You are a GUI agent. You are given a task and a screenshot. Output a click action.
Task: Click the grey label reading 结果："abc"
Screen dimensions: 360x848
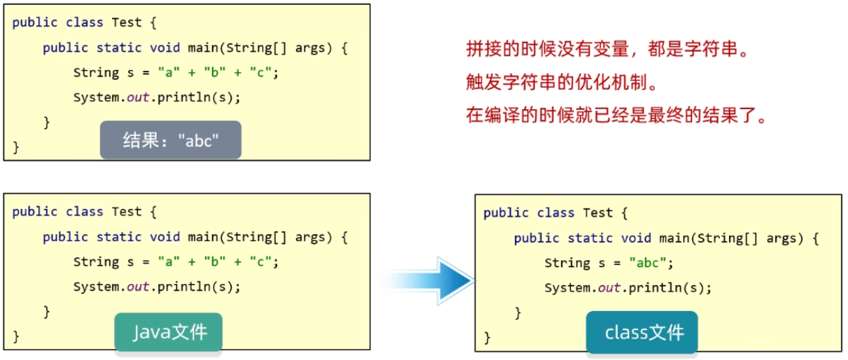(x=170, y=140)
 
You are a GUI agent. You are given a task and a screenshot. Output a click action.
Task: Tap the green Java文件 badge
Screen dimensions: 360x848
(x=169, y=332)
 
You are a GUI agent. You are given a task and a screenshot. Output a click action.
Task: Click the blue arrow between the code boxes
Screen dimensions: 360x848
(x=432, y=281)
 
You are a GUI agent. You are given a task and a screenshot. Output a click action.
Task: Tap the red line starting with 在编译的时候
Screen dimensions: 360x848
(x=617, y=115)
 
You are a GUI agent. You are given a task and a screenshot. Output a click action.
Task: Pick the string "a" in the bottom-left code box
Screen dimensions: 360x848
(x=169, y=262)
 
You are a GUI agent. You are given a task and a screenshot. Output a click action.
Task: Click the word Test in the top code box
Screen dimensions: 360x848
(x=127, y=22)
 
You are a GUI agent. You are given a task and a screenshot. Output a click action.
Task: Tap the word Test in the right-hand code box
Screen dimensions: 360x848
(x=598, y=213)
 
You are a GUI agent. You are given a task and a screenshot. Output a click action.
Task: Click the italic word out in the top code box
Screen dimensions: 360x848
(x=137, y=98)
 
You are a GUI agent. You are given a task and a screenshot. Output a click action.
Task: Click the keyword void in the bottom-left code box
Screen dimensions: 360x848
(x=165, y=237)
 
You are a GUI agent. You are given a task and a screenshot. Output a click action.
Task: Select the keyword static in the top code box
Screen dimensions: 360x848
(x=119, y=47)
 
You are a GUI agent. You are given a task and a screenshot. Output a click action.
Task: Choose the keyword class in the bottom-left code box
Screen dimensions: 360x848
(x=84, y=211)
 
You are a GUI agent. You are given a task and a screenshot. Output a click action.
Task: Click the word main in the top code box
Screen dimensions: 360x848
(x=203, y=47)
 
